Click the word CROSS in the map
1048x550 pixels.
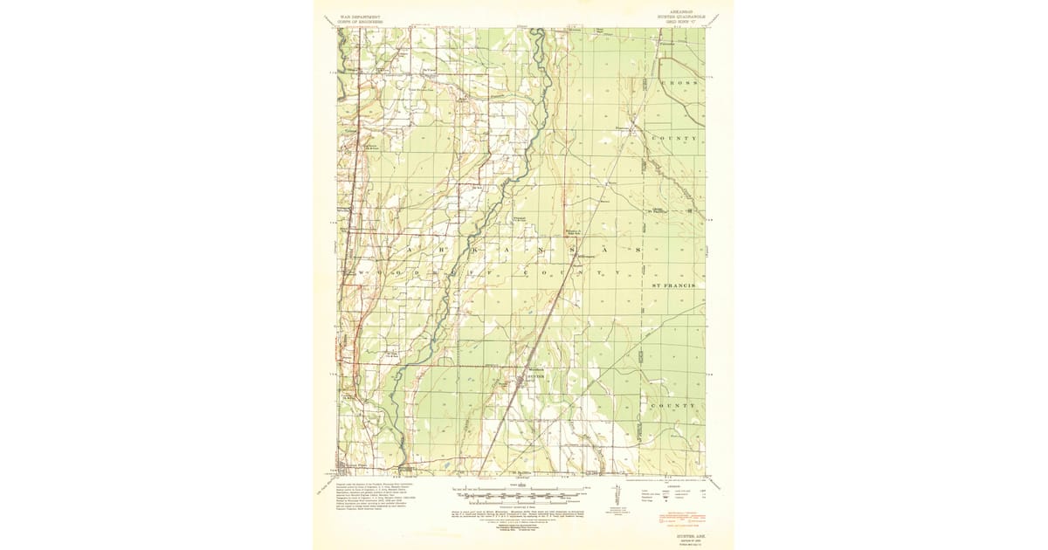[679, 82]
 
